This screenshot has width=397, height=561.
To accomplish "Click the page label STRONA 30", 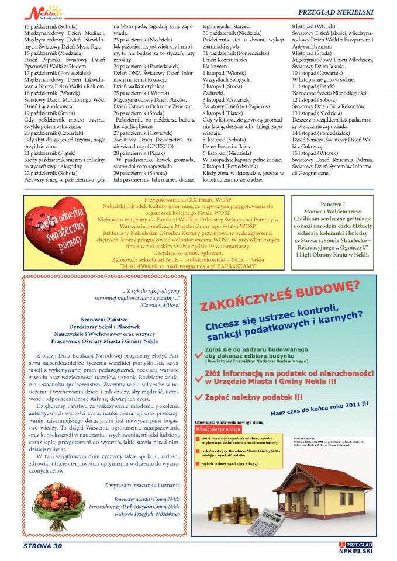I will pos(43,546).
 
